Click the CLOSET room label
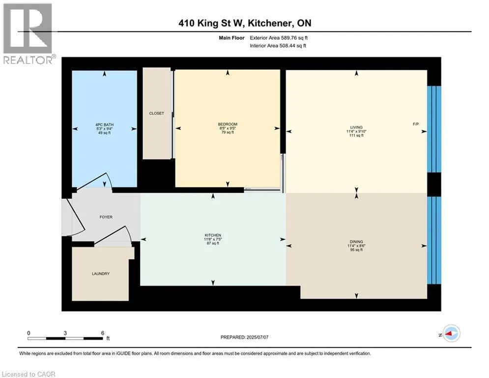point(156,113)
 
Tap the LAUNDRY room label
point(101,274)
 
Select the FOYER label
point(106,217)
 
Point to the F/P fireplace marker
point(415,124)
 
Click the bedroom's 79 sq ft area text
point(228,132)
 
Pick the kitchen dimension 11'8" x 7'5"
point(213,239)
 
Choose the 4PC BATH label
point(105,125)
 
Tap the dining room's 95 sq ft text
point(356,250)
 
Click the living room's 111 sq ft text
point(356,135)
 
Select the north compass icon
point(452,334)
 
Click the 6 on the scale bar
point(103,333)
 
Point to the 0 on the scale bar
point(29,333)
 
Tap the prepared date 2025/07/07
point(258,337)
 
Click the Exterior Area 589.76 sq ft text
point(279,38)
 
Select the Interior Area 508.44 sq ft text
point(278,46)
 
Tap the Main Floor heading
point(231,38)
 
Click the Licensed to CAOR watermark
point(29,374)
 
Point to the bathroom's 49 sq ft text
point(105,133)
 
